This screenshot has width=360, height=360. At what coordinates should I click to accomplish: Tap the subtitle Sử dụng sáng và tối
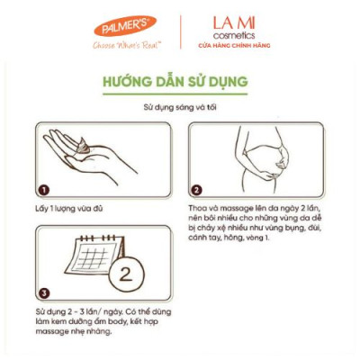(x=180, y=108)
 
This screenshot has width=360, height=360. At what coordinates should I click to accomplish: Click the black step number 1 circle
(x=41, y=189)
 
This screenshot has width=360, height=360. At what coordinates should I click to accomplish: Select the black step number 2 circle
(x=197, y=189)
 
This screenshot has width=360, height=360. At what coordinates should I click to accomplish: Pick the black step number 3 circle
(x=41, y=292)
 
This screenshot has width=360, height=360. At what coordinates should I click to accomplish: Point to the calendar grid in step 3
(x=91, y=258)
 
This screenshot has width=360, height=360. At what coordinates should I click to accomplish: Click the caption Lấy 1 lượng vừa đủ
(x=69, y=209)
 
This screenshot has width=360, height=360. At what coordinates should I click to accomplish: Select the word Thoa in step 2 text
(x=199, y=209)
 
